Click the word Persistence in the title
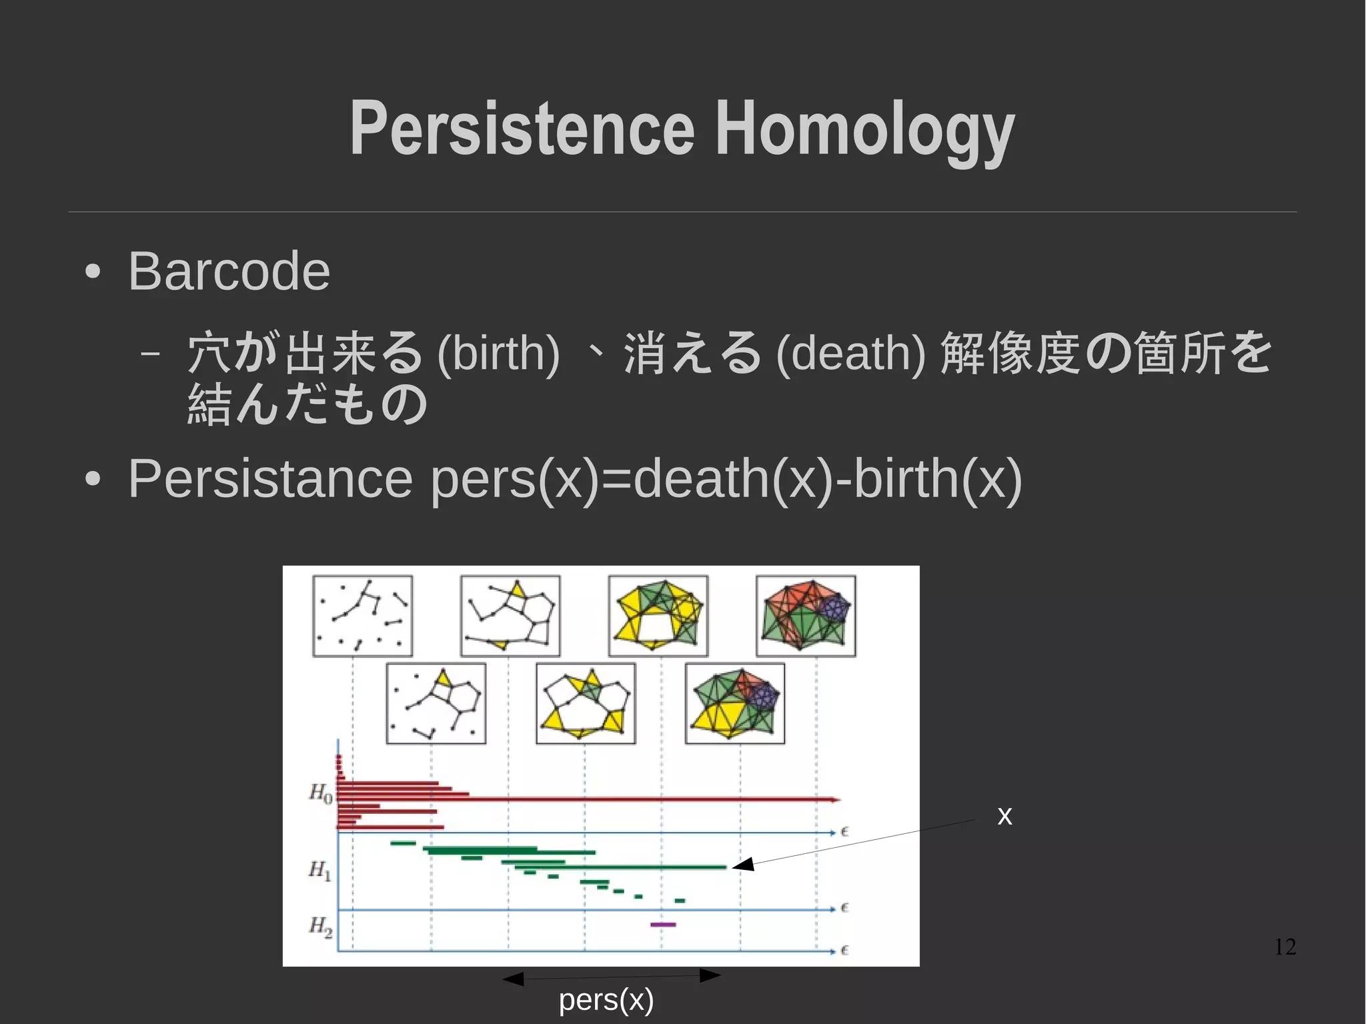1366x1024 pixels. tap(522, 128)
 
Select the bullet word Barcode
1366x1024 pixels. tap(229, 272)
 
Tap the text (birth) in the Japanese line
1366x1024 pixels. tap(498, 353)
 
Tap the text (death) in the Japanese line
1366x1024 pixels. tap(850, 353)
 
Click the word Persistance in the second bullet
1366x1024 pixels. tap(270, 478)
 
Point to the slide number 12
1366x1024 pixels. tap(1285, 947)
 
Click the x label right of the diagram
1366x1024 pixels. tap(1004, 815)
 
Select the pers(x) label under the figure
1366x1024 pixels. tap(606, 999)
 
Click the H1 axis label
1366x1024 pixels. tap(319, 870)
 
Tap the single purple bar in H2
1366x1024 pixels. tap(663, 925)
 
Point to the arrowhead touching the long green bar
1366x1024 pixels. tap(742, 865)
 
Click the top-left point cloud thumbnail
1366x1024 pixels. tap(362, 616)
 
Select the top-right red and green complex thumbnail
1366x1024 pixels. tap(806, 616)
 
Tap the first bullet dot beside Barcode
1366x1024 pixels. tap(93, 272)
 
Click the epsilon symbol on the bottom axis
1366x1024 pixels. tap(844, 950)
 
